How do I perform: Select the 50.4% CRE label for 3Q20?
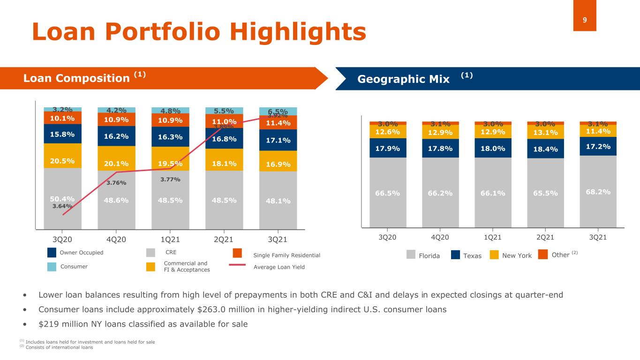pyautogui.click(x=62, y=198)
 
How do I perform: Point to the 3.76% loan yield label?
pyautogui.click(x=116, y=183)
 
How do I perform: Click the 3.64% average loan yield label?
pyautogui.click(x=62, y=205)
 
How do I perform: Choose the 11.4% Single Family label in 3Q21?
pyautogui.click(x=278, y=123)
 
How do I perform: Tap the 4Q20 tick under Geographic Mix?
pyautogui.click(x=440, y=237)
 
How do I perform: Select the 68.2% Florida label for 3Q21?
pyautogui.click(x=598, y=192)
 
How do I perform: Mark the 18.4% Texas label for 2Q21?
pyautogui.click(x=545, y=149)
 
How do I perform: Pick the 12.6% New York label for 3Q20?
pyautogui.click(x=388, y=132)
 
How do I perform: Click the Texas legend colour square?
pyautogui.click(x=456, y=255)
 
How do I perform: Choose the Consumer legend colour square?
pyautogui.click(x=53, y=267)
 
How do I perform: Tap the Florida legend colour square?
pyautogui.click(x=411, y=255)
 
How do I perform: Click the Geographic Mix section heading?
pyautogui.click(x=403, y=78)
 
